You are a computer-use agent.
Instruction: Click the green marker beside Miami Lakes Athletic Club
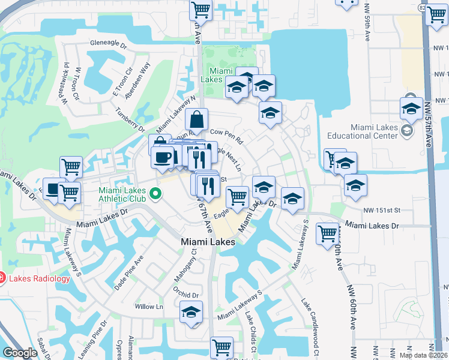155,193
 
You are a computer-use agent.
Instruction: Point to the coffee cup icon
162,158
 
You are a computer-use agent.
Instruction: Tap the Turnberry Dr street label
130,121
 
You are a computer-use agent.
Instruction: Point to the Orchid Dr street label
185,295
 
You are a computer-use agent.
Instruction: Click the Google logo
20,353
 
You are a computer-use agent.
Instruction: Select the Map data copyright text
424,355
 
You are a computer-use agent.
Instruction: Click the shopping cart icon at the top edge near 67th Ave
200,9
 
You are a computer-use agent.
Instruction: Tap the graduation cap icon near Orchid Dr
191,312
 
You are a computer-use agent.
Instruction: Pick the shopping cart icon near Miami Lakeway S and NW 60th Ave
328,233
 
